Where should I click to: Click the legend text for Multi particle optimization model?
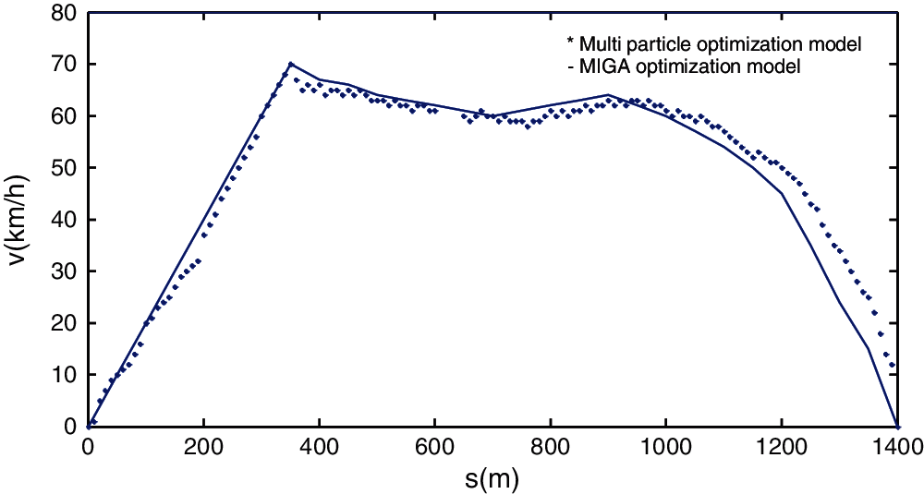tap(719, 43)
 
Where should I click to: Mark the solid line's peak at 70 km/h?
tap(290, 64)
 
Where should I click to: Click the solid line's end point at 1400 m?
tap(896, 426)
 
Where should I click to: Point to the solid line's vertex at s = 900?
tap(608, 95)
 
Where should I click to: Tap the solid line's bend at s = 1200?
tap(782, 193)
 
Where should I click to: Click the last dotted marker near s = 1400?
tap(892, 367)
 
